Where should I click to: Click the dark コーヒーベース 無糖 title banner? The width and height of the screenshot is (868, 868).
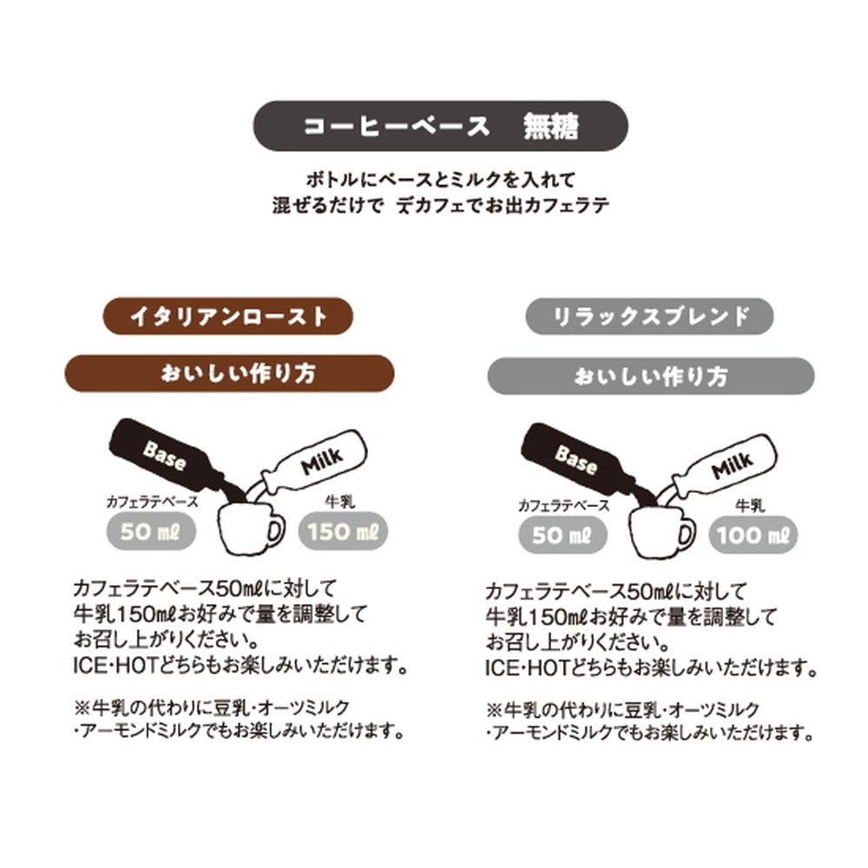[440, 127]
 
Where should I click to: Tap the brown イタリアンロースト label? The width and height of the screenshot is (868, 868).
[228, 316]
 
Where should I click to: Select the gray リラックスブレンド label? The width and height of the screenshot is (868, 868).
[649, 316]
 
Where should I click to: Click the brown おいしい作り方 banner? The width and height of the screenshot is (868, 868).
[231, 374]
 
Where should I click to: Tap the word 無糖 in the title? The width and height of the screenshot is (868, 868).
[550, 127]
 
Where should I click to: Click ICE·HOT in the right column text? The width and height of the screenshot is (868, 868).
[522, 670]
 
